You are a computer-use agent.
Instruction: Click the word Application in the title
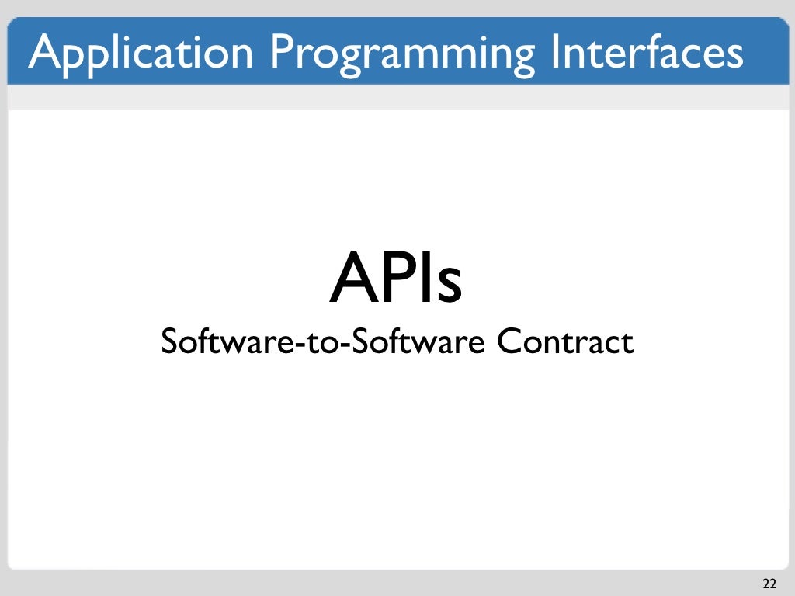pos(141,52)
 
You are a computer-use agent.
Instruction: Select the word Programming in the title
pos(403,52)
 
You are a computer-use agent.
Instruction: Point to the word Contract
pos(565,341)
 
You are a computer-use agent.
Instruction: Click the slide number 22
pos(769,583)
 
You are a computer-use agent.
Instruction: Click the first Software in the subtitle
pos(209,341)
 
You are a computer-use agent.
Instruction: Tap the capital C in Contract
pos(509,341)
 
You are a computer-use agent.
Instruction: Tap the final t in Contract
pos(627,343)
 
